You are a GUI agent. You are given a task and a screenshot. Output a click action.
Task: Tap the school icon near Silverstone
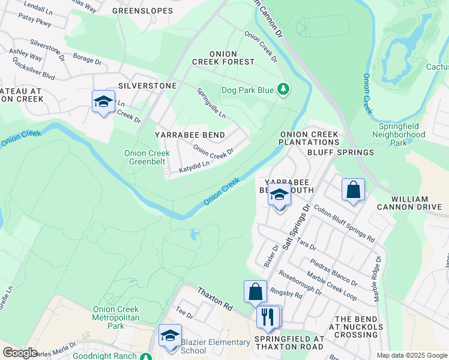pyautogui.click(x=103, y=102)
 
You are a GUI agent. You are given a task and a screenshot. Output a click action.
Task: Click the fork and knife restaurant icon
pyautogui.click(x=268, y=316)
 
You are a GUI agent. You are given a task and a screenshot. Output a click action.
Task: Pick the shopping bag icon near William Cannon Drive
pyautogui.click(x=354, y=190)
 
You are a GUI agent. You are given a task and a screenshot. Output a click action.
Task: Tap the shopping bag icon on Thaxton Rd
pyautogui.click(x=255, y=292)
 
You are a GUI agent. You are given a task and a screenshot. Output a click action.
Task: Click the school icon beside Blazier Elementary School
pyautogui.click(x=170, y=335)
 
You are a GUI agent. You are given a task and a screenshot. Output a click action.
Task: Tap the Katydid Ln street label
pyautogui.click(x=194, y=167)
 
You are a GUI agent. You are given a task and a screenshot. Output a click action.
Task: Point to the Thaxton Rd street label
pyautogui.click(x=215, y=298)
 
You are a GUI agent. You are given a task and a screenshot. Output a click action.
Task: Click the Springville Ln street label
pyautogui.click(x=211, y=103)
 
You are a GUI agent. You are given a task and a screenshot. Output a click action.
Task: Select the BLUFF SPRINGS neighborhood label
pyautogui.click(x=340, y=152)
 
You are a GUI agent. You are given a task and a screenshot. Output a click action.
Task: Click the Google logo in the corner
pyautogui.click(x=20, y=353)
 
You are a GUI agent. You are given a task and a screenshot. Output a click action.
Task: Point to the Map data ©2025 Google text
pyautogui.click(x=411, y=355)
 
